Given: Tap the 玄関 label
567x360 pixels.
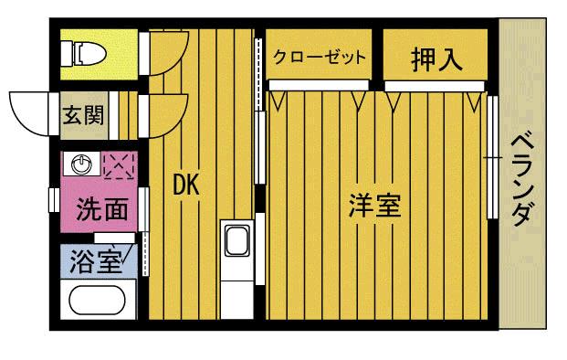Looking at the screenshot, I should pos(82,115).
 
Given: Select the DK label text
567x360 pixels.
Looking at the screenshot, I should pos(186,184).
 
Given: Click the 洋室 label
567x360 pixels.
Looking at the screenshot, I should pos(374,205).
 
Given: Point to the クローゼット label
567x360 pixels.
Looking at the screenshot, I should pos(320,57).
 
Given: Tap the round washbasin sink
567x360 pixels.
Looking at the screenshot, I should pos(83,164).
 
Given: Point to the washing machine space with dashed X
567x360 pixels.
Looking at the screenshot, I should pos(119,165).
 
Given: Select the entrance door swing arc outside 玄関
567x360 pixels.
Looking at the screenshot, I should pos(29,110).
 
